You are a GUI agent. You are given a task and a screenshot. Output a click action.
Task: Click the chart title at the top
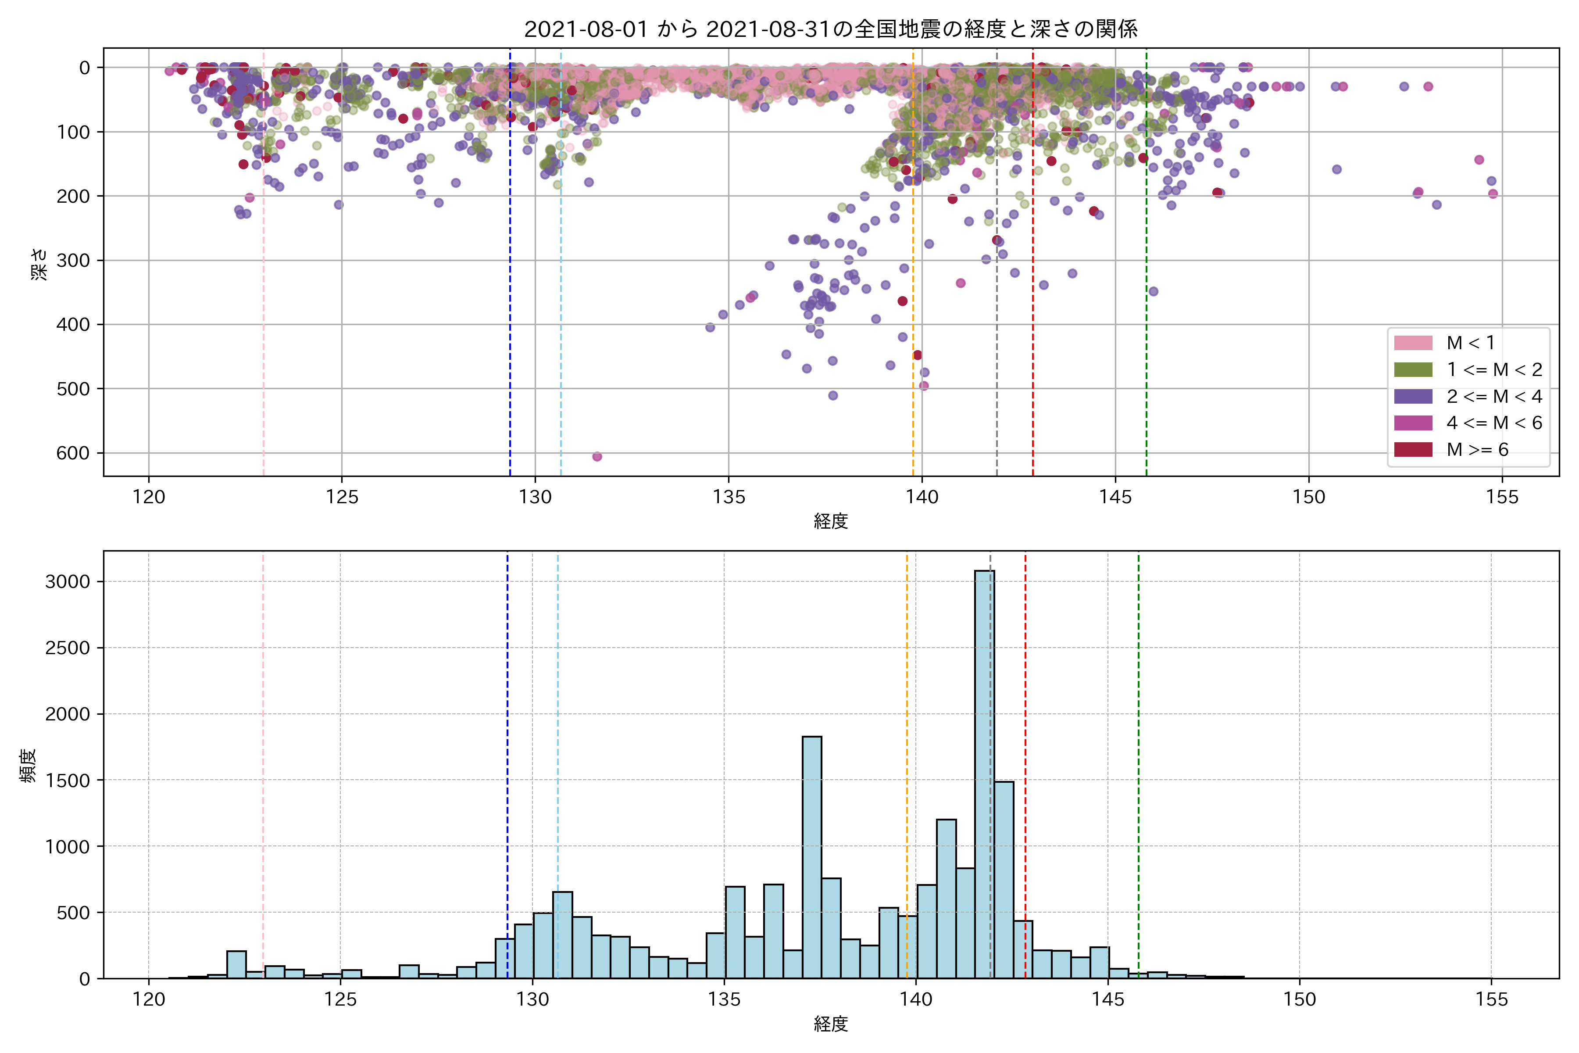coord(830,29)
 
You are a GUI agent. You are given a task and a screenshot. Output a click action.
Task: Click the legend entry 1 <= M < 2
coord(1494,369)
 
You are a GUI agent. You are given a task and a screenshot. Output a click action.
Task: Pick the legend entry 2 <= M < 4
coord(1494,396)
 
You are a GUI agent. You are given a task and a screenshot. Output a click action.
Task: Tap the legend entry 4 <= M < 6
coord(1494,423)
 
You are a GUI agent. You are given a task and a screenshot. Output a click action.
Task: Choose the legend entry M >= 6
coord(1477,449)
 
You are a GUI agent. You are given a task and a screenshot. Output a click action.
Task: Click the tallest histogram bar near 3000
coord(984,772)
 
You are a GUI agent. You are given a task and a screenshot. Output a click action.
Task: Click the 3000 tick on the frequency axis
coord(67,582)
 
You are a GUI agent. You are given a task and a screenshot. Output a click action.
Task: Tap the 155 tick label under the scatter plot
coord(1502,498)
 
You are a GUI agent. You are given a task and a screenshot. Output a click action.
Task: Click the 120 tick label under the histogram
coord(148,999)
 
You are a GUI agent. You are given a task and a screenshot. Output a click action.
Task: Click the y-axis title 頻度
coord(28,765)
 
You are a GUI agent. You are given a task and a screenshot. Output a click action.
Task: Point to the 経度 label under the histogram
coord(830,1024)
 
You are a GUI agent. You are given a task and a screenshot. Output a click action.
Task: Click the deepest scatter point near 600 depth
coord(597,457)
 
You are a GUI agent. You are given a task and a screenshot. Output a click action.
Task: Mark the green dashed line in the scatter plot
coord(1146,269)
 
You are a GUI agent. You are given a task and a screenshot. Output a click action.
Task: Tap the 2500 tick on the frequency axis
coord(67,648)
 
